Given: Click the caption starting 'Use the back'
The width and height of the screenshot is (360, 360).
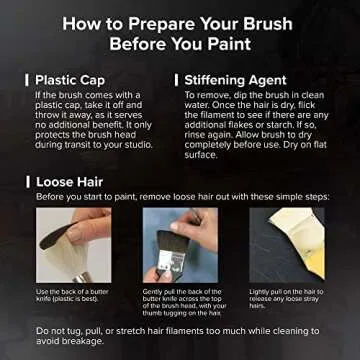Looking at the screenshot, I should pyautogui.click(x=73, y=296).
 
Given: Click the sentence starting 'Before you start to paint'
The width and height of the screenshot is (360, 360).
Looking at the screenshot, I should pyautogui.click(x=180, y=199).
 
